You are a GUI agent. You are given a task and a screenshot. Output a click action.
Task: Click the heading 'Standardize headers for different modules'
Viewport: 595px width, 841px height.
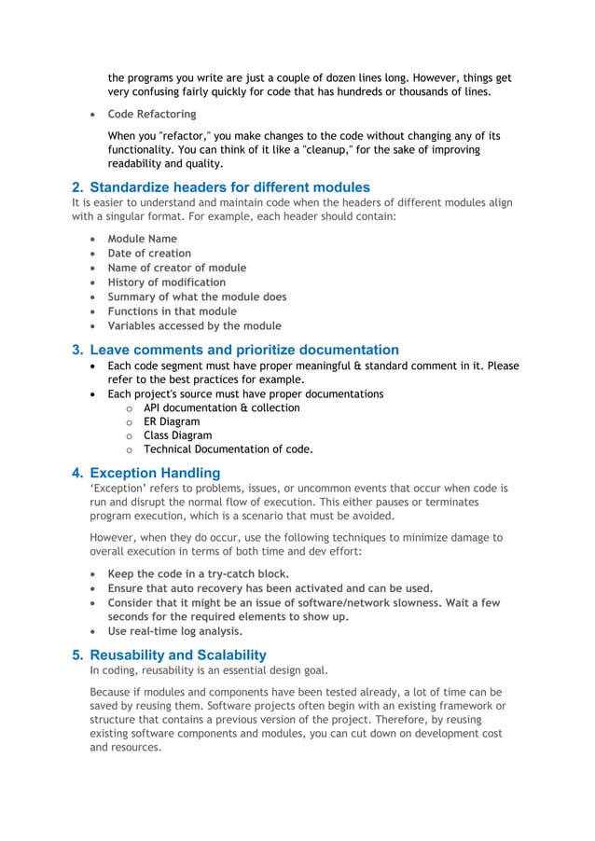click(229, 187)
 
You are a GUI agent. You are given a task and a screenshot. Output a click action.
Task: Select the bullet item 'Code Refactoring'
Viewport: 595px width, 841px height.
click(151, 114)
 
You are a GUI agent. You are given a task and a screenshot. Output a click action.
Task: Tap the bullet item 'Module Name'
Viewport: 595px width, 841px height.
click(142, 239)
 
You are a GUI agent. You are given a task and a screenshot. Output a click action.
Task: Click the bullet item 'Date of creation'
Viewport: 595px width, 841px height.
click(149, 253)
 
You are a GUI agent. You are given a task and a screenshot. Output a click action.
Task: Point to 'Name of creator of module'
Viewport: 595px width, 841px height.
click(177, 268)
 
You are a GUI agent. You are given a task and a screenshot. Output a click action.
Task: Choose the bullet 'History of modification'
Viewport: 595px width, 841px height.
click(166, 283)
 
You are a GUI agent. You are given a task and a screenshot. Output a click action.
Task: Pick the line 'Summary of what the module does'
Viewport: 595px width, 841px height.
click(197, 296)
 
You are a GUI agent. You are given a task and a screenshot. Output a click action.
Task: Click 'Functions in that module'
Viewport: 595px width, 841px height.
click(172, 311)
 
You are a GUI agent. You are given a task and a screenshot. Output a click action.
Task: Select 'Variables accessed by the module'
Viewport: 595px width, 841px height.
click(194, 326)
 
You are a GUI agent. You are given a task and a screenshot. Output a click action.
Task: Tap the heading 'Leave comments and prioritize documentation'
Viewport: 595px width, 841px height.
click(244, 350)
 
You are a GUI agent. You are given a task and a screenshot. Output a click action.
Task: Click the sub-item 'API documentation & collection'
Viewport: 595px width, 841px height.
click(221, 407)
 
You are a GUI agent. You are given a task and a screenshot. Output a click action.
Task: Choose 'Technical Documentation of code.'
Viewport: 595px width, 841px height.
click(228, 449)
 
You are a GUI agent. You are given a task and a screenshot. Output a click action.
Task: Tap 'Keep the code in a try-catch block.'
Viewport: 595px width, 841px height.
click(198, 573)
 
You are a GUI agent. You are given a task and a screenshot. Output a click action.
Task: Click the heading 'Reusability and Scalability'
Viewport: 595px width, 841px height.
click(177, 655)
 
